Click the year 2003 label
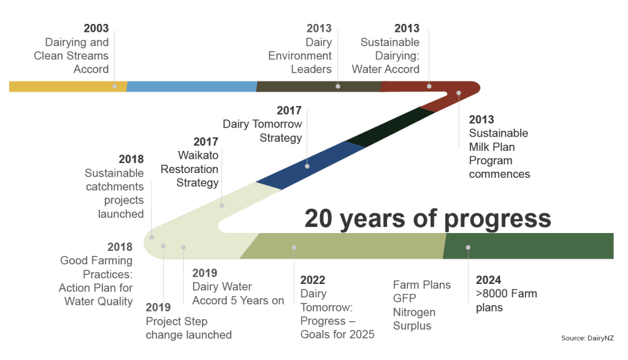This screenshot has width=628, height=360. [x=96, y=28]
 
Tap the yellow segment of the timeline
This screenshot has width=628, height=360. [x=68, y=86]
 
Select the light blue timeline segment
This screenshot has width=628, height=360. [x=192, y=86]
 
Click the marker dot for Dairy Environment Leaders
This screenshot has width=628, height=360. [x=338, y=86]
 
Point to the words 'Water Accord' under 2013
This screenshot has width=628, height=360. [x=385, y=69]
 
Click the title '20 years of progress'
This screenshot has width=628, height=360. [x=427, y=219]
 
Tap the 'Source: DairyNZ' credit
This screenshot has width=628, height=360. [x=587, y=338]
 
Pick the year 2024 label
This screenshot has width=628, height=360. [x=488, y=280]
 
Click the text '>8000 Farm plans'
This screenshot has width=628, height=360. [x=506, y=301]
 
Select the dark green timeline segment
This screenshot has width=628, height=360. [x=529, y=246]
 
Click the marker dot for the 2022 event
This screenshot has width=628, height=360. [x=294, y=248]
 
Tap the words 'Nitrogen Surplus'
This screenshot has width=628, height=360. [x=414, y=319]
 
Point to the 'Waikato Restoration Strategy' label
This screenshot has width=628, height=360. [x=190, y=169]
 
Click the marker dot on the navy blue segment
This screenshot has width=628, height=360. [x=307, y=166]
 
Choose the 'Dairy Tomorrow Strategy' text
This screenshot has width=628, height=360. [x=262, y=131]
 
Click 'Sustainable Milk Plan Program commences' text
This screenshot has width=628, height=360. [x=499, y=153]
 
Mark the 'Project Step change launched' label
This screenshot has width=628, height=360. [x=189, y=328]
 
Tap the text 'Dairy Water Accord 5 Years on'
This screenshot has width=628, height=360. [x=238, y=294]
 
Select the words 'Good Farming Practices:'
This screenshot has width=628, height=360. [x=96, y=267]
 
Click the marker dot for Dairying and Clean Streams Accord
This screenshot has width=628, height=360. [x=115, y=86]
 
